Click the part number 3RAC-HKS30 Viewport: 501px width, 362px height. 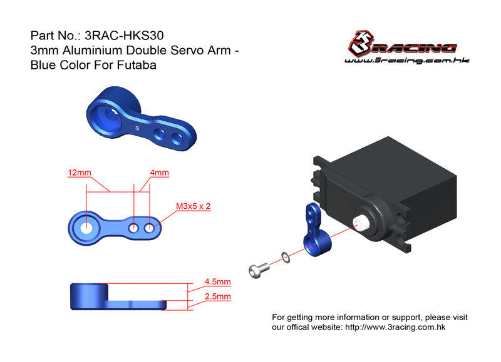pos(124,36)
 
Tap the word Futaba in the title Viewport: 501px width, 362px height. pos(137,65)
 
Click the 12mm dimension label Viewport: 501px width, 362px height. pos(80,173)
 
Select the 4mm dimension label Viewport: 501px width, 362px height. pos(159,173)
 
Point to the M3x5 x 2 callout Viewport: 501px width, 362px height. pos(194,206)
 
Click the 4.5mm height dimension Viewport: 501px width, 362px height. pos(217,281)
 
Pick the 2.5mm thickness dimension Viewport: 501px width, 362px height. pos(217,296)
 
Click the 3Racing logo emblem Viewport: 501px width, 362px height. pos(361,43)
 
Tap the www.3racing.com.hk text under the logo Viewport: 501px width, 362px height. pos(406,60)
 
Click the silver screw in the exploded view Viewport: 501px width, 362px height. pos(259,270)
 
